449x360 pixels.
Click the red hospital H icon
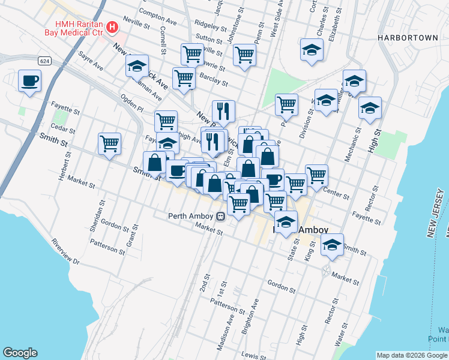tap(111, 27)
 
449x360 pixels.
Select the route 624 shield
tap(44, 61)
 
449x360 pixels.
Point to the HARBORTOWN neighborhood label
tap(408, 38)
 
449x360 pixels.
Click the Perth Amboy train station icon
tap(221, 216)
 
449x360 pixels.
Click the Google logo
tap(20, 353)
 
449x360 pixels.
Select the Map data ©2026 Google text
tap(412, 355)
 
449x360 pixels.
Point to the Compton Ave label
tap(157, 11)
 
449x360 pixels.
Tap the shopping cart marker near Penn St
tap(244, 55)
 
